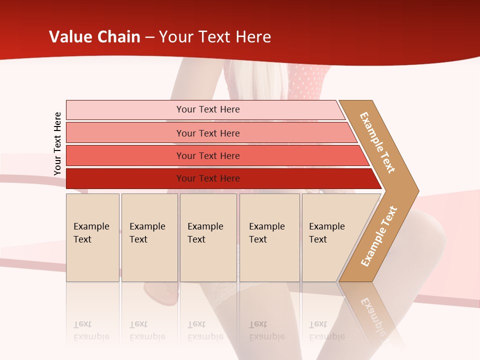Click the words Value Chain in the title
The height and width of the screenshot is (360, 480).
94,37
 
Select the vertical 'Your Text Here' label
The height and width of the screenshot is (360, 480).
57,143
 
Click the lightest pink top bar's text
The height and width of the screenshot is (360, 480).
208,109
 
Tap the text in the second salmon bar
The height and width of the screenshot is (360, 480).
208,133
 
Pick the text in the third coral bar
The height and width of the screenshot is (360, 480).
208,156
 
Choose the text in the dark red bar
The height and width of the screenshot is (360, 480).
208,178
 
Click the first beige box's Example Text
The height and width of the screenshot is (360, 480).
91,233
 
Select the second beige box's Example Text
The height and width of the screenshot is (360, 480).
147,233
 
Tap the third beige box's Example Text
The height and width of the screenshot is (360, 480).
205,233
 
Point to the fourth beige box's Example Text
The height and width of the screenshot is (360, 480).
266,233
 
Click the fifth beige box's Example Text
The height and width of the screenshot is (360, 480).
326,233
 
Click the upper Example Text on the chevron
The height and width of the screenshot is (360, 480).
377,142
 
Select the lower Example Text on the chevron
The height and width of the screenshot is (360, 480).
378,236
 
